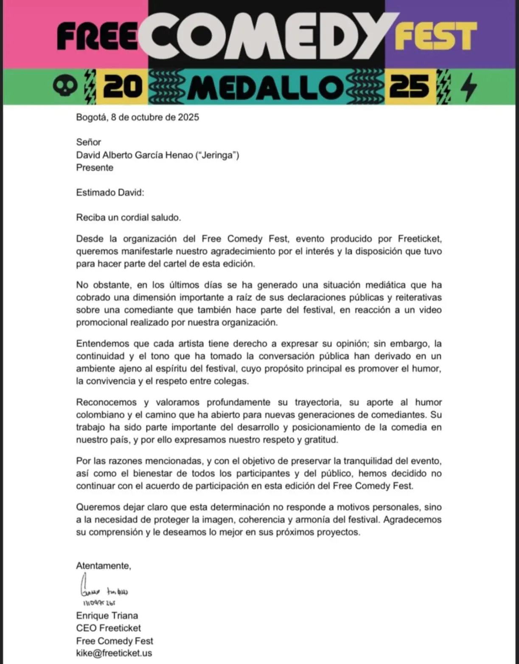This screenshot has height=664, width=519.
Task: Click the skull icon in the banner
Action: [x=65, y=86]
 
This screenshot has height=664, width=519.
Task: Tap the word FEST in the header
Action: [x=435, y=36]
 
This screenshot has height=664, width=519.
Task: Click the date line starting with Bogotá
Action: [x=137, y=117]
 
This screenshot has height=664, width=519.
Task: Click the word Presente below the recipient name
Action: [x=95, y=168]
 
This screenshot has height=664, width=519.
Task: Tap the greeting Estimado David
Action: [x=110, y=193]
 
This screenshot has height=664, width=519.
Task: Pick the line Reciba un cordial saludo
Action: [x=129, y=218]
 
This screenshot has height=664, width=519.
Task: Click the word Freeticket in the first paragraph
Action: [x=419, y=239]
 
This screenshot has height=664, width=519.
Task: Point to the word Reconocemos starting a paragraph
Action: [x=106, y=402]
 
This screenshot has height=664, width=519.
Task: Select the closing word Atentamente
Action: [x=104, y=566]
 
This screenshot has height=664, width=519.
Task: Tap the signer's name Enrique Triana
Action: [x=107, y=616]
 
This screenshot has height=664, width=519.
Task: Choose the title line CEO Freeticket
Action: [x=108, y=628]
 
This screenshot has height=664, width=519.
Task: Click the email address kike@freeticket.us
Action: [x=114, y=653]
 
